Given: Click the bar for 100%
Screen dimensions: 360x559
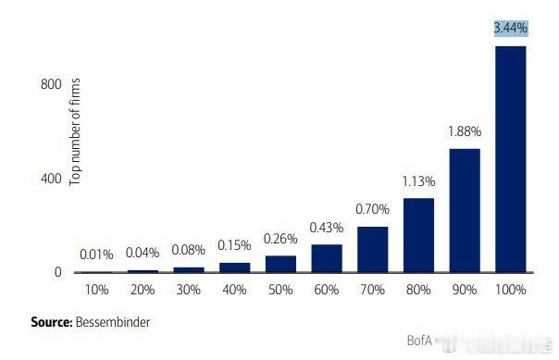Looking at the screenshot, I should tap(511, 159).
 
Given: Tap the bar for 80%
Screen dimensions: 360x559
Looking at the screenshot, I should tap(418, 235).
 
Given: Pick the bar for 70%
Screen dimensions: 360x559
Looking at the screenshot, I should tap(372, 249).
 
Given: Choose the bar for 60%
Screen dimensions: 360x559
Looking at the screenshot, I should tap(327, 258).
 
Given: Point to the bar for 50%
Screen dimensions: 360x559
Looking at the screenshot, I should tap(280, 264).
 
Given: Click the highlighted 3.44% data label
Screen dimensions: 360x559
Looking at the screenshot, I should tap(511, 29).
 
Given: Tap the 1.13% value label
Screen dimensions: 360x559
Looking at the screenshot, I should tap(418, 180).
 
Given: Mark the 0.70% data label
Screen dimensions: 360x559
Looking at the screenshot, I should tap(372, 209).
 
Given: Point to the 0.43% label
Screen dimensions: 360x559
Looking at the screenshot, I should tap(327, 227).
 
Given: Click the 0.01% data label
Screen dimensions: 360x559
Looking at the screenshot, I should tap(96, 254).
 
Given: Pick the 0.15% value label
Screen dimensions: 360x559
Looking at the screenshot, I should tap(234, 245).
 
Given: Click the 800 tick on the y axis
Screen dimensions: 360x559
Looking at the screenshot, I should tap(51, 84).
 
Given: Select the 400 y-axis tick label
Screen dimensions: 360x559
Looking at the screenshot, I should tap(51, 178).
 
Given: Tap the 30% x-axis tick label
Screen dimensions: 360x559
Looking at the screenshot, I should tap(188, 290).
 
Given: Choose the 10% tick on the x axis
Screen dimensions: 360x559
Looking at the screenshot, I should tap(96, 290).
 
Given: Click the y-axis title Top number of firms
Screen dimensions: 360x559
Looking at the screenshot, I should tap(77, 131).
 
